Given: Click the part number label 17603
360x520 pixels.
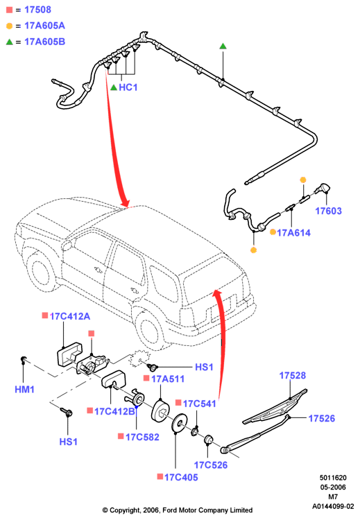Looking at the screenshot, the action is [328, 211].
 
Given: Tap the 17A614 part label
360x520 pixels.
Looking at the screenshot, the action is [293, 233].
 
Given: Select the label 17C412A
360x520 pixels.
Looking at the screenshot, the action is [69, 316].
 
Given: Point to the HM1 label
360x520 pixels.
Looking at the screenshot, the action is [24, 390].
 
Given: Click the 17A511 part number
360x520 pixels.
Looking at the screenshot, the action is [168, 379].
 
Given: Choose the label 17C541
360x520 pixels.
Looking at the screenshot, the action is [199, 404].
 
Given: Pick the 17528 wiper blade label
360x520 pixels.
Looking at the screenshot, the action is [292, 375].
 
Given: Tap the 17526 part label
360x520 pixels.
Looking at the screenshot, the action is [322, 419].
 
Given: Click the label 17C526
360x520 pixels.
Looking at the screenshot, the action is [211, 465].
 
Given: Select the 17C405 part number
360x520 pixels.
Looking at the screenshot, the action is [181, 478].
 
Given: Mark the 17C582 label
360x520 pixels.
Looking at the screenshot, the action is [142, 437].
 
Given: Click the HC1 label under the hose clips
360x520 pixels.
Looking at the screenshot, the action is [128, 87].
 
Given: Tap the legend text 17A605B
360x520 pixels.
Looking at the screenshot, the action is [45, 42].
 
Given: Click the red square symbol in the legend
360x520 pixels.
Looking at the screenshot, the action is [9, 10].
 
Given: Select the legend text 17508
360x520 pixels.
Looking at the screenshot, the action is [38, 10].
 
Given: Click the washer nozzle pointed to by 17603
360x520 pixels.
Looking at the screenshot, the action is [323, 189].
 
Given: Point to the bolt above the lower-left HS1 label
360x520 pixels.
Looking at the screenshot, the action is [67, 412].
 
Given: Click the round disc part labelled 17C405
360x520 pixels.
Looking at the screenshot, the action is [180, 423].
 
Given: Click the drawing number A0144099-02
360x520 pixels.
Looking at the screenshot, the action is [333, 506].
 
